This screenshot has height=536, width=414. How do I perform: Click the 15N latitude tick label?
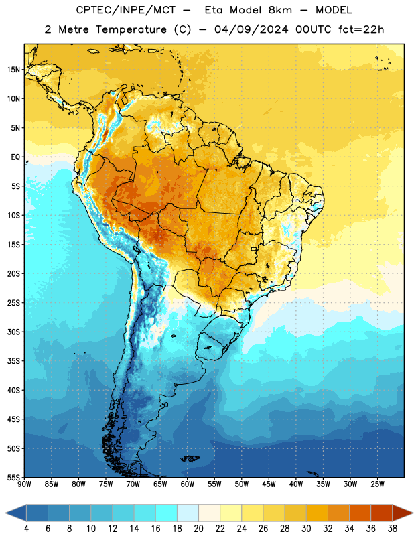(x=13, y=70)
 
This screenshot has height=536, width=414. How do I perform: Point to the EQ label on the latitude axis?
(x=15, y=157)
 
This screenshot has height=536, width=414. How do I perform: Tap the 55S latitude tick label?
(x=13, y=477)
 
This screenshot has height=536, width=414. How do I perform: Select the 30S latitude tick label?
(x=13, y=332)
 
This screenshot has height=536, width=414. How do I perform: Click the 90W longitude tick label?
(x=24, y=484)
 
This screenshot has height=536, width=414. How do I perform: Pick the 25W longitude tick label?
(x=377, y=484)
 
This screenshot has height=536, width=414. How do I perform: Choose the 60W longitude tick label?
(x=188, y=484)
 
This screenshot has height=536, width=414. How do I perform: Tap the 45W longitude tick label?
(x=269, y=484)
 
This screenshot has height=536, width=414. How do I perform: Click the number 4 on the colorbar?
(x=26, y=529)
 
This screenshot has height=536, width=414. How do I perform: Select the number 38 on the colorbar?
(x=393, y=529)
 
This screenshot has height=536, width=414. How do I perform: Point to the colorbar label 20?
(x=198, y=529)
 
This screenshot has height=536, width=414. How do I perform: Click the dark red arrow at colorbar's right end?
(x=403, y=513)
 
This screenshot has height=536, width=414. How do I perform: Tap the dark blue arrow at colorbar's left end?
(x=16, y=513)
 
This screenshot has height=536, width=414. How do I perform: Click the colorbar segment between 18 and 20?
(x=188, y=513)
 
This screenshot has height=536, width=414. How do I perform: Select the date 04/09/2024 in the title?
(x=251, y=29)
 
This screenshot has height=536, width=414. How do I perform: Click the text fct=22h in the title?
(x=361, y=29)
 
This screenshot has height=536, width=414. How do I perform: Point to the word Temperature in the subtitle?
(x=131, y=30)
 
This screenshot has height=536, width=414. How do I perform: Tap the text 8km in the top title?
(x=280, y=10)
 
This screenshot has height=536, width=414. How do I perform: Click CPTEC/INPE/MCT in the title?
(x=125, y=10)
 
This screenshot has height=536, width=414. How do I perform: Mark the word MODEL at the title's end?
(x=334, y=10)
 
